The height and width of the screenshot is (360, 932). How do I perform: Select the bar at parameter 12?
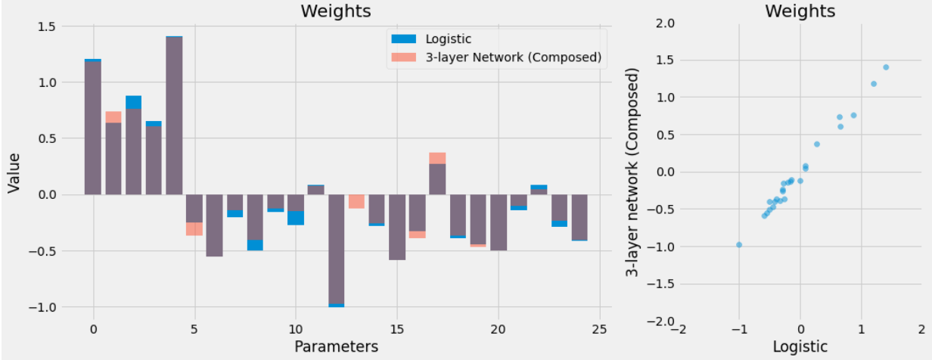point(336,250)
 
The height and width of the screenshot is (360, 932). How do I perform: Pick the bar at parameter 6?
point(215,225)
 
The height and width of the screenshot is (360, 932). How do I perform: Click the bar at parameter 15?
point(396,227)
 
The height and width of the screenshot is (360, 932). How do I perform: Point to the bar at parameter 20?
point(498,222)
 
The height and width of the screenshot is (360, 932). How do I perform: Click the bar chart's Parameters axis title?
point(336,346)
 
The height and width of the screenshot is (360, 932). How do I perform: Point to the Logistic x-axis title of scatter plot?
point(800,346)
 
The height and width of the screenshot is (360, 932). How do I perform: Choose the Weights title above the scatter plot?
point(800,11)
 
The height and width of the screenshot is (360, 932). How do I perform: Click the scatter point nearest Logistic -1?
point(739,244)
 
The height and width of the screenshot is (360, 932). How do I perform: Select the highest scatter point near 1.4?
point(886,67)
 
